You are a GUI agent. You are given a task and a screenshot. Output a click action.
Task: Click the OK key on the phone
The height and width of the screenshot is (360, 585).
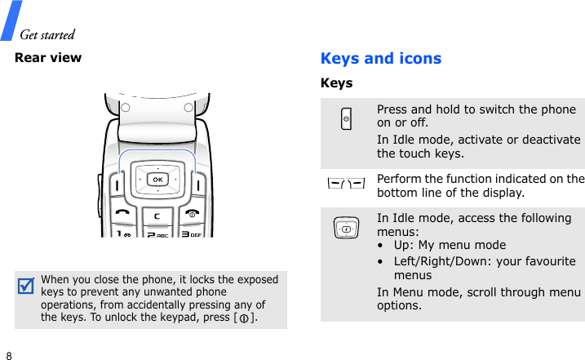[x=157, y=179]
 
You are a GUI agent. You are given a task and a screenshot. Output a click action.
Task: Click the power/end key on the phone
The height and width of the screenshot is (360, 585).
[x=193, y=212]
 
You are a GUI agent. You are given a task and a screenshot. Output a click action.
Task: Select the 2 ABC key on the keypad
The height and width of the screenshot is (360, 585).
[x=156, y=233]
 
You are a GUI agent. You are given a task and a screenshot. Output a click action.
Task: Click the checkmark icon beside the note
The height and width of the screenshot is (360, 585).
[x=26, y=287]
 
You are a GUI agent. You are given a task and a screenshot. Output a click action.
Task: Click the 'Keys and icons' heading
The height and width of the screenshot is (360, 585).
[x=381, y=59]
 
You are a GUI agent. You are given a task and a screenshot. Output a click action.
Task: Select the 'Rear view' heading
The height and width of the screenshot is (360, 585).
[x=48, y=57]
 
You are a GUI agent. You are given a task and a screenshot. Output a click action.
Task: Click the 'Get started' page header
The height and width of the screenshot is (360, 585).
[x=47, y=34]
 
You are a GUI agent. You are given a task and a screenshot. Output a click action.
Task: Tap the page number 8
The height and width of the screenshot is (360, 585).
[x=9, y=356]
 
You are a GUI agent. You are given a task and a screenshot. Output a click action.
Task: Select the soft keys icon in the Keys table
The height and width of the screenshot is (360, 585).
[x=347, y=184]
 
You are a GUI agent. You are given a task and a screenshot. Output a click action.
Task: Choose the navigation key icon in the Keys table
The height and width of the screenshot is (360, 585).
[x=347, y=229]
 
